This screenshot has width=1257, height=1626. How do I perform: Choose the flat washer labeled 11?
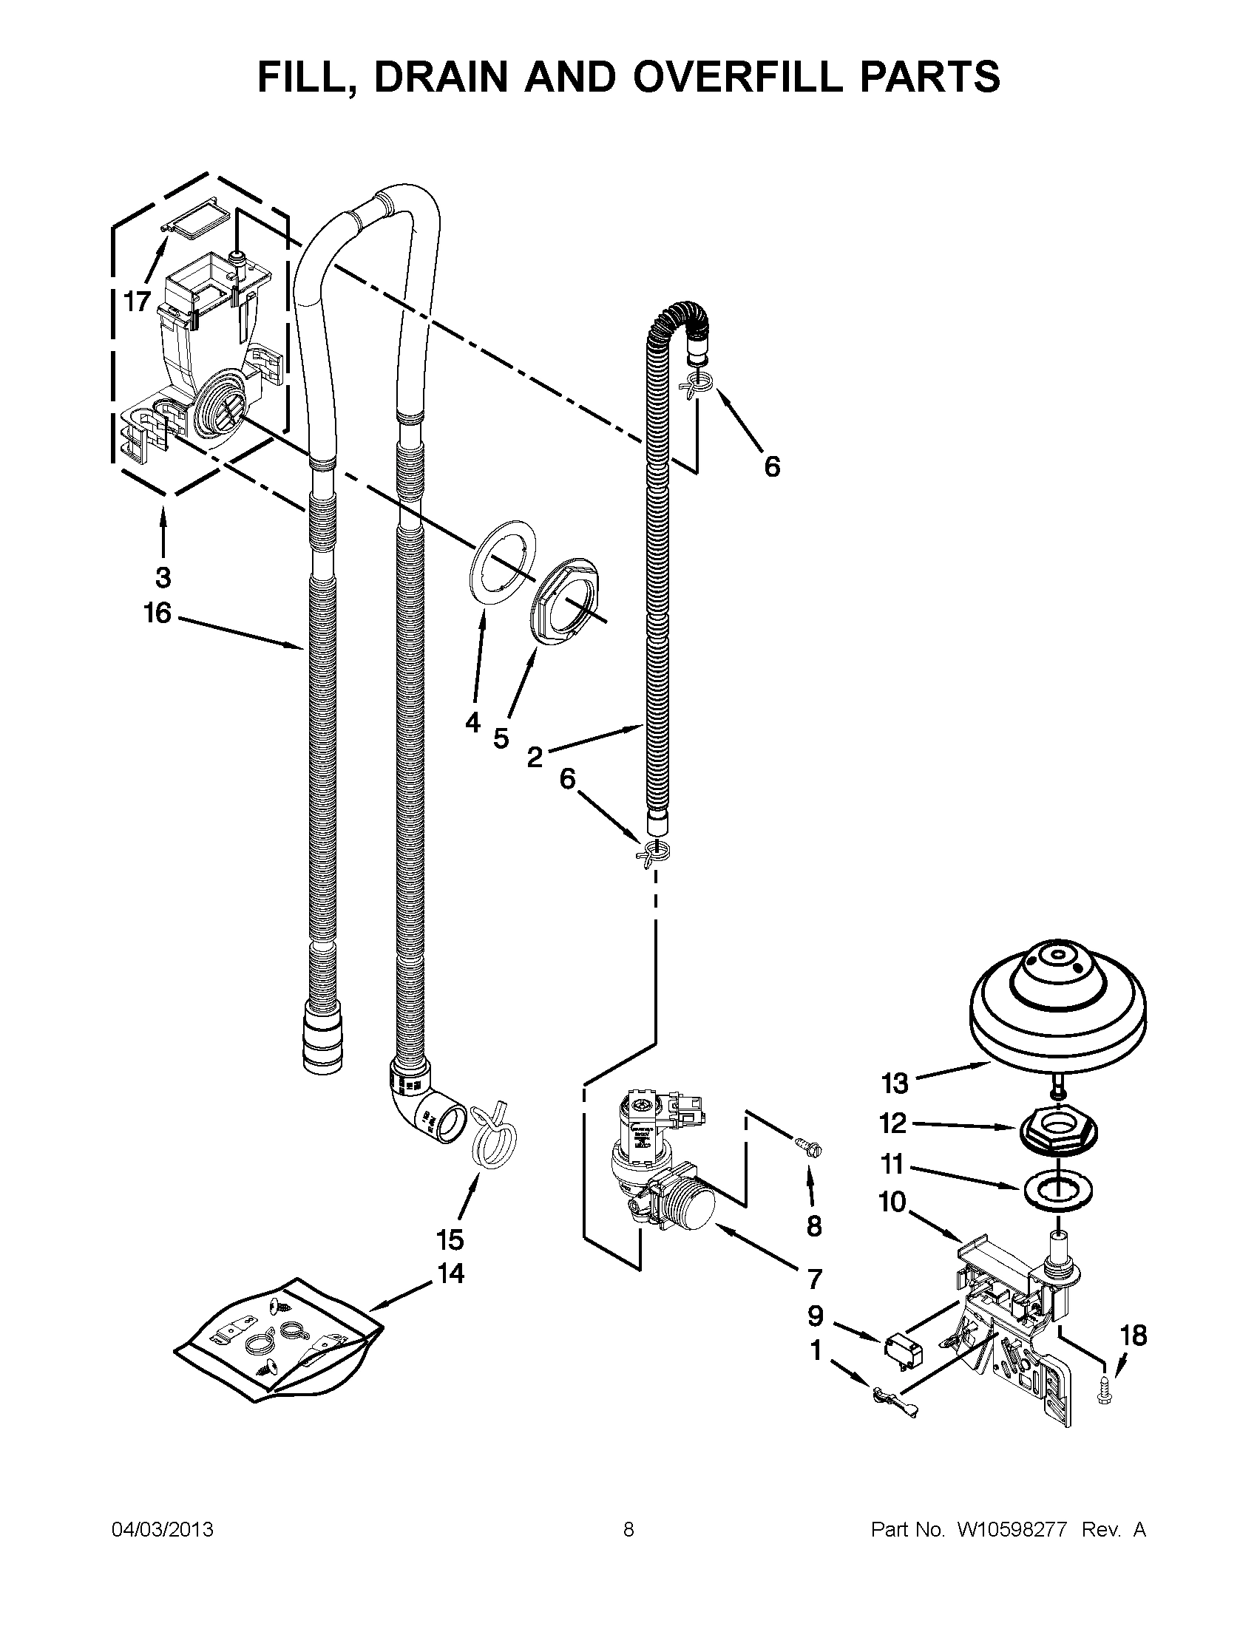click(1057, 1195)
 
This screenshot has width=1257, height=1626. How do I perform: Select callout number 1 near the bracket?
click(816, 1350)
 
